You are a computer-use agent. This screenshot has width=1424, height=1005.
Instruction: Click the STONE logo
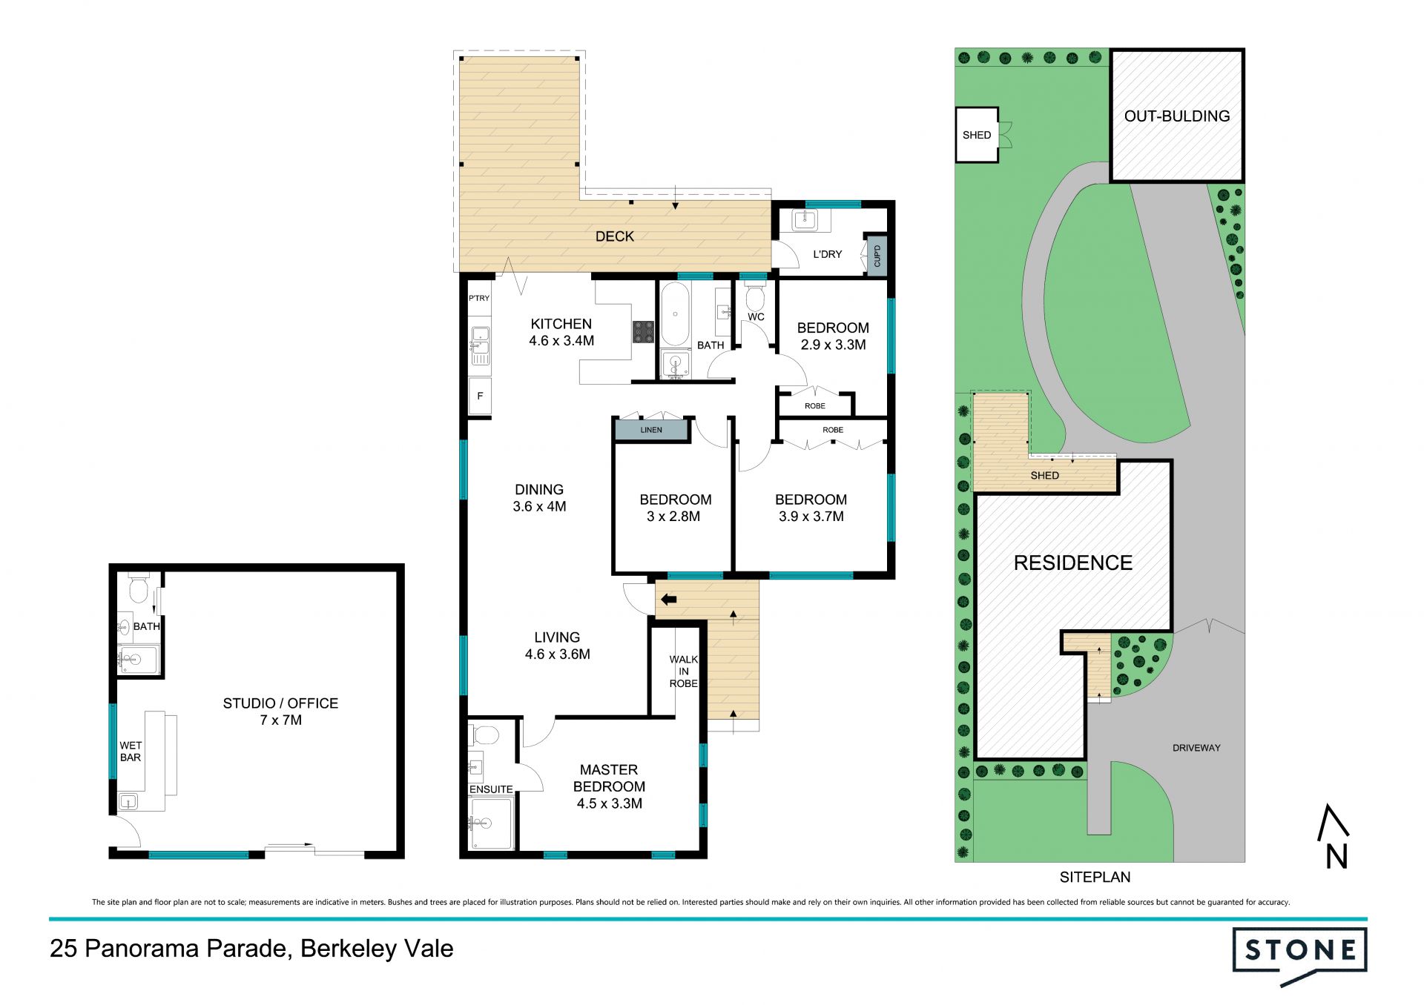[x=1299, y=955]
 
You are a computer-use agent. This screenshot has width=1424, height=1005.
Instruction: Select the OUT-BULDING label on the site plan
[x=1177, y=116]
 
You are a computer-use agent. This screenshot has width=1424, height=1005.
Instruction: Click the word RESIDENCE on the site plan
[x=1073, y=563]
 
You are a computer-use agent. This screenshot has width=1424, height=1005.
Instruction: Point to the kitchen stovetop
[x=643, y=332]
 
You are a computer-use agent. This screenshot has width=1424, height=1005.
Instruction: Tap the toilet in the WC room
[x=755, y=298]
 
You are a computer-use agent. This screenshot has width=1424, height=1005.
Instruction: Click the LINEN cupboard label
[x=651, y=430]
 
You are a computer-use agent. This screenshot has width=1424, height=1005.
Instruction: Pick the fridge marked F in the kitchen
[x=480, y=397]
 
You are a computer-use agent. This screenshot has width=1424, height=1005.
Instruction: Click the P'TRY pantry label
[x=479, y=298]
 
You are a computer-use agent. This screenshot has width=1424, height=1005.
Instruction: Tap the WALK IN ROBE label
[x=684, y=671]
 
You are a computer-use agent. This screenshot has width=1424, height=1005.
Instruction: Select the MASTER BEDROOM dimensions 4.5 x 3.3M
[x=610, y=803]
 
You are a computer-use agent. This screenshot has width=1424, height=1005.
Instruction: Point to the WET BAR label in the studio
[x=131, y=752]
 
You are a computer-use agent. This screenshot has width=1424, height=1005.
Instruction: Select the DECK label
[x=615, y=236]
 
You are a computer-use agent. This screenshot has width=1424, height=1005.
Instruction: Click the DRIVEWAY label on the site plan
[x=1196, y=748]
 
